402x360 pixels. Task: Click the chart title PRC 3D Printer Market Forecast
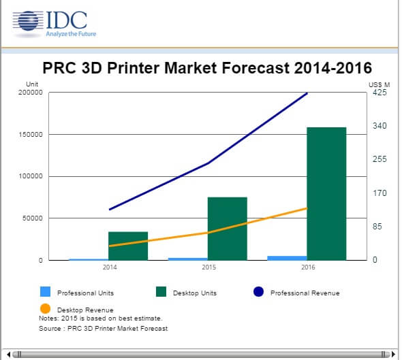[x=207, y=68]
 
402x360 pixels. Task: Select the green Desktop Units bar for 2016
[x=326, y=193]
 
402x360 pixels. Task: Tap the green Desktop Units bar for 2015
[x=227, y=228]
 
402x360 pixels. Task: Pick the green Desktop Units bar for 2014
[x=128, y=246]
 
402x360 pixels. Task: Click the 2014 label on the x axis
[x=110, y=267]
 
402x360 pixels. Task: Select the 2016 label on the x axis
[x=308, y=267]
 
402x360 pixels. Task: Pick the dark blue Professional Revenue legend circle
[x=258, y=292]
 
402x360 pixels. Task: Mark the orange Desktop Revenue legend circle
[x=46, y=308]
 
